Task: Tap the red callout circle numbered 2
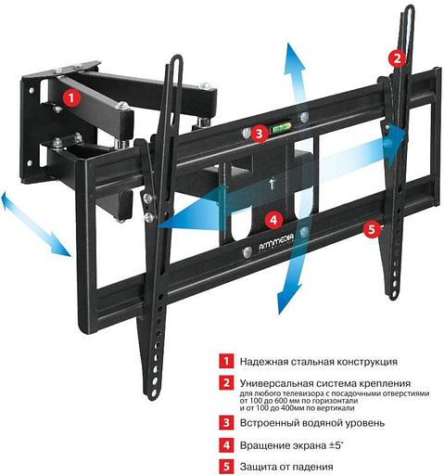[397, 58]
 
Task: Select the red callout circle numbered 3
[260, 134]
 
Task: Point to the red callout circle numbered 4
[273, 220]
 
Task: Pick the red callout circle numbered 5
[372, 228]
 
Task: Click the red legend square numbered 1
[224, 361]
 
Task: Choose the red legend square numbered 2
[224, 382]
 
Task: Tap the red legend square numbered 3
[224, 424]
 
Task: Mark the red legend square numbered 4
[224, 445]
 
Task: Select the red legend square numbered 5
[224, 467]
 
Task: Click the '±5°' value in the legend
[348, 445]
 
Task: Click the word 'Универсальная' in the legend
[274, 382]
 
